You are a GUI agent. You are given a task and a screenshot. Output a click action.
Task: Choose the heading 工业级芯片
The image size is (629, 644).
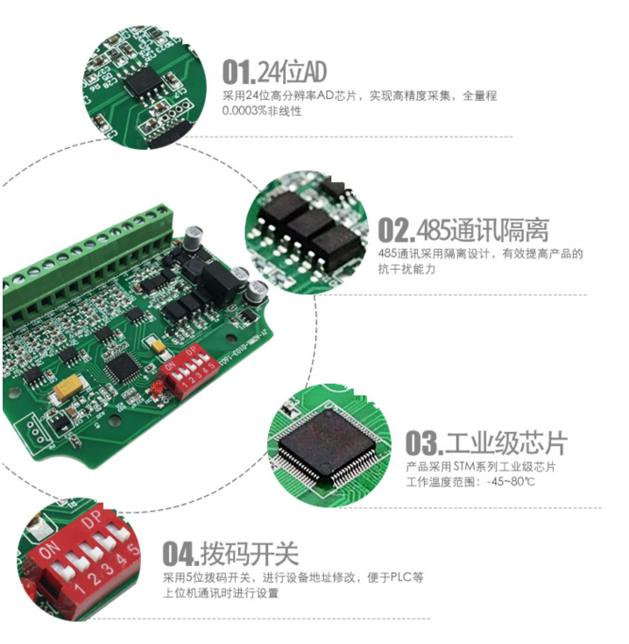[505, 442]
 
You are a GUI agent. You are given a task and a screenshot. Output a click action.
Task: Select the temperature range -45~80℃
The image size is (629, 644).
[523, 483]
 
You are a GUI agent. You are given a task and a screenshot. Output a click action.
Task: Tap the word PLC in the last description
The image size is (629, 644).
[399, 577]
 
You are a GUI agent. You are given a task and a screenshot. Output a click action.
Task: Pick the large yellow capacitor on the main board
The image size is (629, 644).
[67, 386]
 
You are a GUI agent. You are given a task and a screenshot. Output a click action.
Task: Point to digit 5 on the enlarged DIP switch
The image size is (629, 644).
[133, 549]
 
